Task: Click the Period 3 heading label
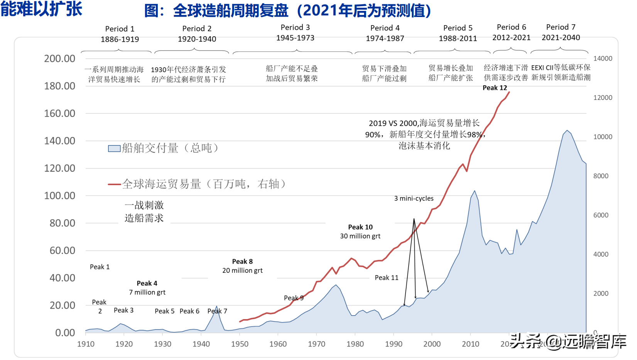295,27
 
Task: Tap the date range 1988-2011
458,39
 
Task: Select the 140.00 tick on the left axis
59,141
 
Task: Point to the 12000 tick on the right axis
603,98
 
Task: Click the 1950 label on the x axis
240,344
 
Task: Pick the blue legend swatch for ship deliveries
114,149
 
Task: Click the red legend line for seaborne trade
115,184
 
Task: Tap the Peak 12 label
495,88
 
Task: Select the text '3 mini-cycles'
414,198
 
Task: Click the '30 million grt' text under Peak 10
360,236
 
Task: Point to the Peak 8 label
242,262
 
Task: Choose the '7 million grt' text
147,292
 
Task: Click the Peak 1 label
100,267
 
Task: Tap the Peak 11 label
386,278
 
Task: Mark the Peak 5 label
164,311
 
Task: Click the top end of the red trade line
509,92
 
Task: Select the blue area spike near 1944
216,307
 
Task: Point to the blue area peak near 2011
475,191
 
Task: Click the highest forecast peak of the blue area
567,131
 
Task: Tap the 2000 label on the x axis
432,344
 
